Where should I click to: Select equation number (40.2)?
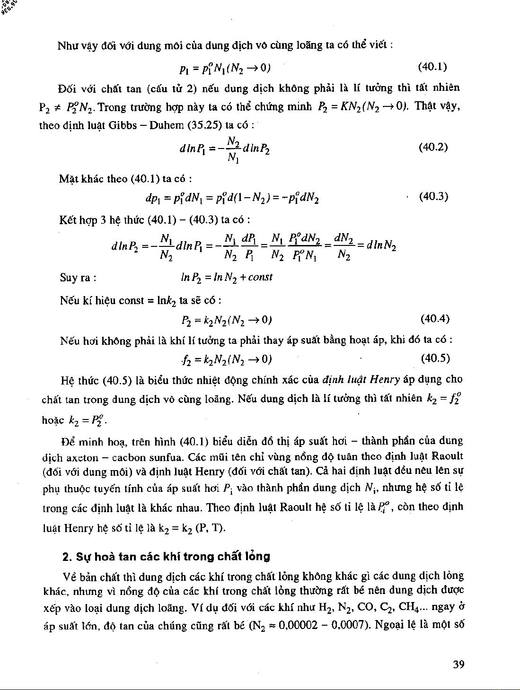coord(433,147)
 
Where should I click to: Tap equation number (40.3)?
coord(433,196)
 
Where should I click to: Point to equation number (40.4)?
coord(435,318)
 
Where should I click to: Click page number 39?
coord(458,664)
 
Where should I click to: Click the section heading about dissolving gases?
coord(166,556)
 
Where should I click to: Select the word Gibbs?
coord(124,125)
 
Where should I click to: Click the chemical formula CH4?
coord(413,606)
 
